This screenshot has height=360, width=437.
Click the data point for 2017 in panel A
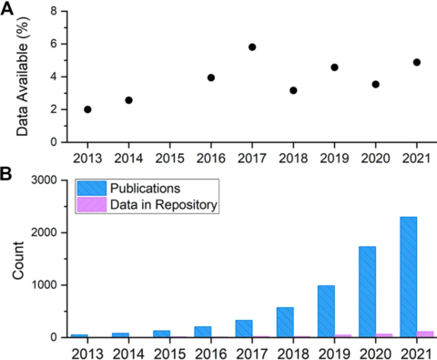click(x=252, y=47)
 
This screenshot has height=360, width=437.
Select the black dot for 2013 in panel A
click(x=87, y=109)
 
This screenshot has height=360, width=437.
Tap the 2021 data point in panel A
click(x=417, y=62)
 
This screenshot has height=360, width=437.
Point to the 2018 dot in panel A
click(x=293, y=90)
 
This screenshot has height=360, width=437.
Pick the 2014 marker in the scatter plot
click(x=128, y=100)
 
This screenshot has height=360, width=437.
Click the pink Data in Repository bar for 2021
click(x=424, y=334)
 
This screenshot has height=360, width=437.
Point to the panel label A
click(x=8, y=8)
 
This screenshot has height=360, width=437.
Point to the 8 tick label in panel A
click(x=54, y=11)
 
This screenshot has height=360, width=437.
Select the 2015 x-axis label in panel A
click(x=170, y=157)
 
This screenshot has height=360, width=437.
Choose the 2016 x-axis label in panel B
click(x=211, y=352)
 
